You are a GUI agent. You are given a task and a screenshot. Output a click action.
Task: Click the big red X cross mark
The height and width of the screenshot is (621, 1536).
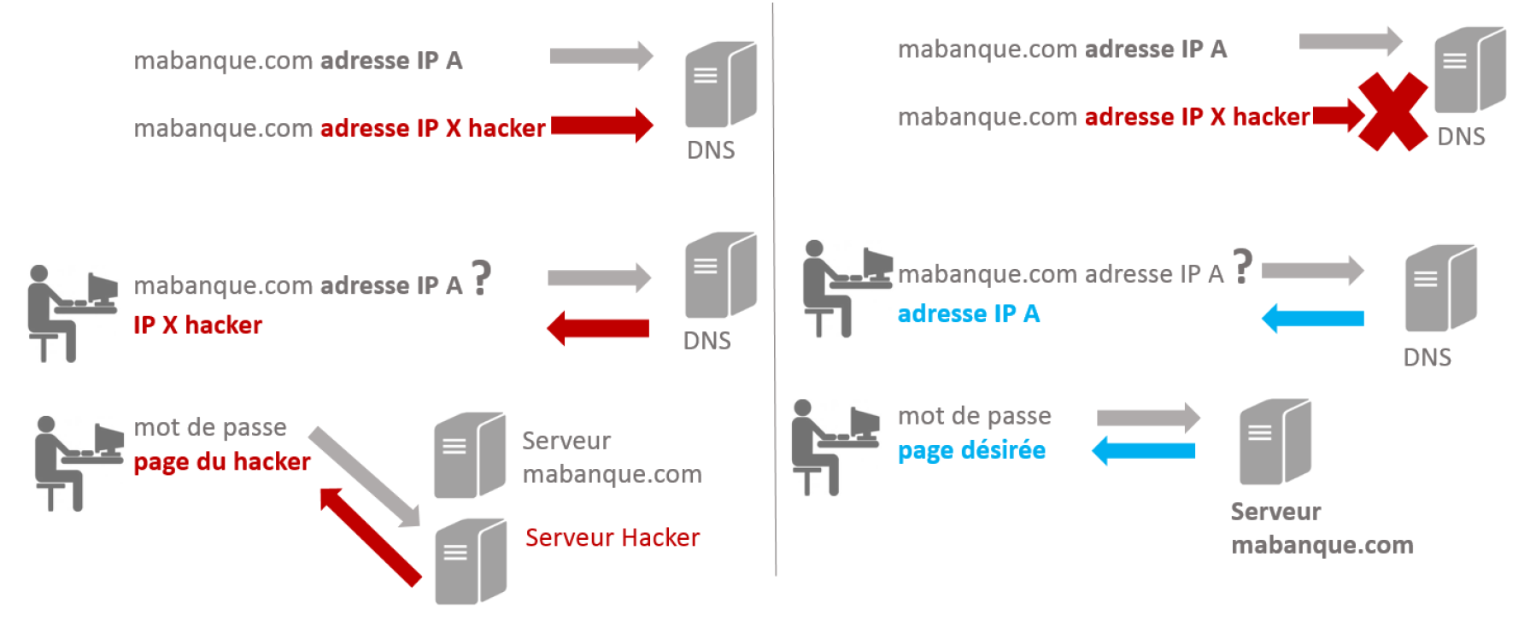point(1392,112)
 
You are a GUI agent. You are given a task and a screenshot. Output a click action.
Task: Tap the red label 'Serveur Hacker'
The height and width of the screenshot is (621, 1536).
point(613,537)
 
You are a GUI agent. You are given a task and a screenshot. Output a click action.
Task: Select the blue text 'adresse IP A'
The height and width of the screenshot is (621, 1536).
point(969,313)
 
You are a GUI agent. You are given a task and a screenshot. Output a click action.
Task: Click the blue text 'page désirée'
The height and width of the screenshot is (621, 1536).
point(971,451)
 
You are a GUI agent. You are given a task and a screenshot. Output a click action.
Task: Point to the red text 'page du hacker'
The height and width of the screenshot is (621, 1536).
point(222,462)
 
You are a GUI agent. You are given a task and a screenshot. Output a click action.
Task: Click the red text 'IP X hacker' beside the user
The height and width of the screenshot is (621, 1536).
point(197,325)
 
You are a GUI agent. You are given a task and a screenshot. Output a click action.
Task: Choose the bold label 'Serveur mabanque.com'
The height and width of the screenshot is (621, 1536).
point(1322,528)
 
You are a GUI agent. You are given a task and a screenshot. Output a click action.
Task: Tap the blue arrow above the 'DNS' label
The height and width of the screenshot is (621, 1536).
point(1313,319)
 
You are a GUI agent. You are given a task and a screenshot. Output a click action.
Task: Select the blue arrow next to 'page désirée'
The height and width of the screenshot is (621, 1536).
point(1144,450)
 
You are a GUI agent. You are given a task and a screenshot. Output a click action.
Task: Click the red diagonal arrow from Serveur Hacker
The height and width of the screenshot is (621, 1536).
point(370,536)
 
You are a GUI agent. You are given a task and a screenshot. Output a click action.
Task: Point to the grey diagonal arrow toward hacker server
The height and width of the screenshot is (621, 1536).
point(365,477)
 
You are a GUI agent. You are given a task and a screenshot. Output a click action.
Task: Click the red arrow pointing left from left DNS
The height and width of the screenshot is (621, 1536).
point(598,328)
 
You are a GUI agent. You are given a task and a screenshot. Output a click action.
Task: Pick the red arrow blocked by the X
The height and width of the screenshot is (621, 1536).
point(1340,115)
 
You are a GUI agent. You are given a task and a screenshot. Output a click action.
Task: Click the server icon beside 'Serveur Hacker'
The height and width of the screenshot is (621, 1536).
point(471,562)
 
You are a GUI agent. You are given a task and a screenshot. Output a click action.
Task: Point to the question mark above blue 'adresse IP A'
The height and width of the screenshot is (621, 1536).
point(1243,266)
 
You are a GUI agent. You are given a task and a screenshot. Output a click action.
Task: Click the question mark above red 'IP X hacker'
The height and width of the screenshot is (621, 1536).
point(482,277)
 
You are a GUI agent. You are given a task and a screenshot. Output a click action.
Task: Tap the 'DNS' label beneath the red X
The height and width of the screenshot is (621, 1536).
point(1461,137)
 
